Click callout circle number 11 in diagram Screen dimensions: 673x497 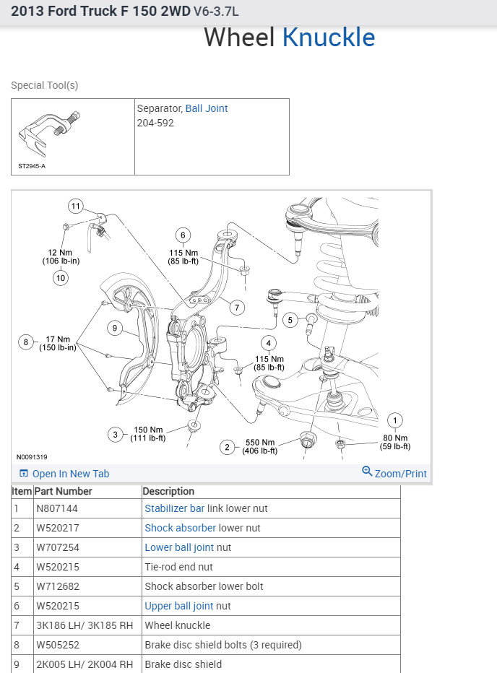pyautogui.click(x=76, y=207)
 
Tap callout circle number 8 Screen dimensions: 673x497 pyautogui.click(x=27, y=342)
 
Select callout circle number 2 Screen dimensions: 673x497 pyautogui.click(x=228, y=448)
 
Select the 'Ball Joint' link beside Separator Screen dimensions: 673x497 pyautogui.click(x=207, y=108)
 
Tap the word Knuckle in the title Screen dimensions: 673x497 pyautogui.click(x=329, y=38)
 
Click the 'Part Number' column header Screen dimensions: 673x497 pyautogui.click(x=64, y=491)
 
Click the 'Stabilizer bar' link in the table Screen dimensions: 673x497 pyautogui.click(x=174, y=508)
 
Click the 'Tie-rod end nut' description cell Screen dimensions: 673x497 pyautogui.click(x=179, y=567)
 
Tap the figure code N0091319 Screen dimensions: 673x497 pyautogui.click(x=32, y=457)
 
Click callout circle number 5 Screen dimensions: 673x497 pyautogui.click(x=290, y=320)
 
